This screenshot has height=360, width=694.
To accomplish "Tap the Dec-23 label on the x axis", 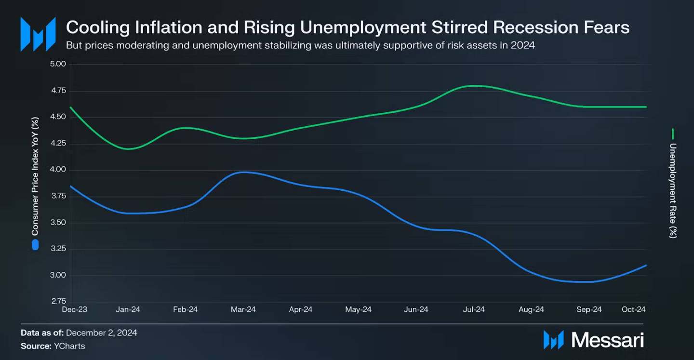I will coord(75,310).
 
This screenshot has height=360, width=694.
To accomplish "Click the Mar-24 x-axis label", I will coord(243,310).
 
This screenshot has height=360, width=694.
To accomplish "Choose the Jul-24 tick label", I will coord(474,310).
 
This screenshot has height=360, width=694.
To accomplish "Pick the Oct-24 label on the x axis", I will coord(634,310).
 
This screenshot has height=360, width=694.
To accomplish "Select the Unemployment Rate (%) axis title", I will coord(673,190).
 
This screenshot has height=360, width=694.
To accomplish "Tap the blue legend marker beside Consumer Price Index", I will coord(35,245).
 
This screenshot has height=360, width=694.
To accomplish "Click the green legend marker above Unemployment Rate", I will coord(673,133).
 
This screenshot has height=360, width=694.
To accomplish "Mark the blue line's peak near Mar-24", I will coord(245,172).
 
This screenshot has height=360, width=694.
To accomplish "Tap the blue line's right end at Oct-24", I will coord(645,265).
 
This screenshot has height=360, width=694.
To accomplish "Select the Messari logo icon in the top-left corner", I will coord(38,34).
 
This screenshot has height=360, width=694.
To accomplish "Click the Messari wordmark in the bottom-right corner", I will coord(608,340).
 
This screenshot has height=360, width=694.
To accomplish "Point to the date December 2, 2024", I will coord(102,333).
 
